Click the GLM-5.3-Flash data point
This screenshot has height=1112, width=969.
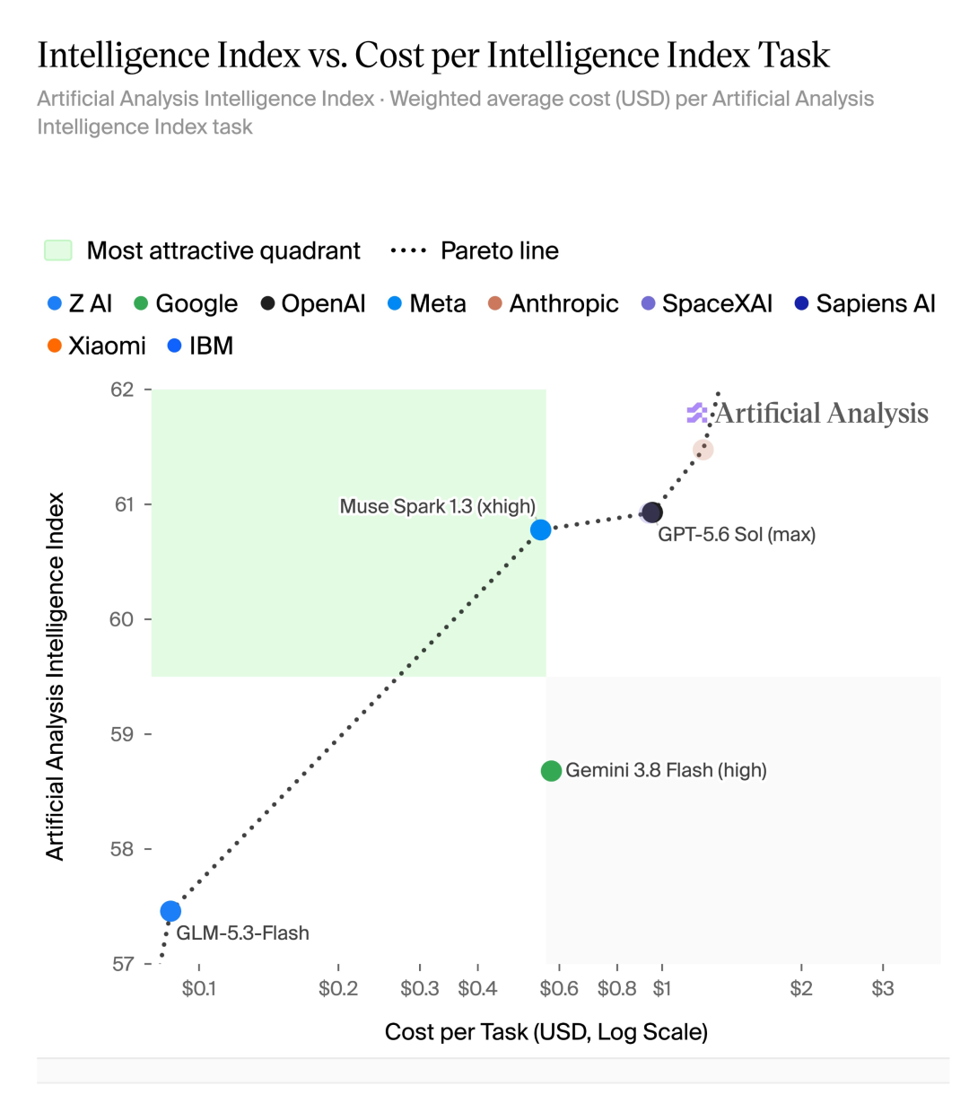(x=170, y=911)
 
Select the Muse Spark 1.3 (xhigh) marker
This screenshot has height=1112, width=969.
(x=540, y=530)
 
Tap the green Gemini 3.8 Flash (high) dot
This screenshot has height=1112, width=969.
(x=551, y=771)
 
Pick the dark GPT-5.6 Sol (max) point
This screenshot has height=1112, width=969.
(x=651, y=512)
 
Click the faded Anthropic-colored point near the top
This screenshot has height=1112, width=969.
(x=703, y=450)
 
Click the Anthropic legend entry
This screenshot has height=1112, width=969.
(x=553, y=303)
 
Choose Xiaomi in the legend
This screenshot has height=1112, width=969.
(x=97, y=346)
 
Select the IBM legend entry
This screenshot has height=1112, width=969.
(x=200, y=346)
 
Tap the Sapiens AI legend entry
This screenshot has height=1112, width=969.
(x=865, y=303)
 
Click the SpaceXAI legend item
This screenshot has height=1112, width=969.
(x=707, y=303)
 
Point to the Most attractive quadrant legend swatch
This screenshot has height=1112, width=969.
(x=58, y=250)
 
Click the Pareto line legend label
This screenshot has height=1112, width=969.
(x=499, y=250)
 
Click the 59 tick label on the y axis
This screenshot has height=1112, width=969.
(x=122, y=734)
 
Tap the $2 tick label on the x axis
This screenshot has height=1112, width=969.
(x=801, y=989)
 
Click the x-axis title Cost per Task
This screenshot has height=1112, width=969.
(x=546, y=1032)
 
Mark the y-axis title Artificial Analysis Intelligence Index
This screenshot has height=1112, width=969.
(x=55, y=677)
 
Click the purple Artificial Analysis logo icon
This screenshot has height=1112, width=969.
(x=697, y=413)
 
